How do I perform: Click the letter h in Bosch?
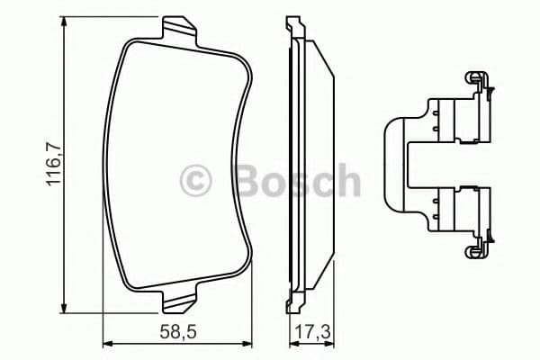(345, 181)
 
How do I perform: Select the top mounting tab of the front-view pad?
(178, 30)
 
